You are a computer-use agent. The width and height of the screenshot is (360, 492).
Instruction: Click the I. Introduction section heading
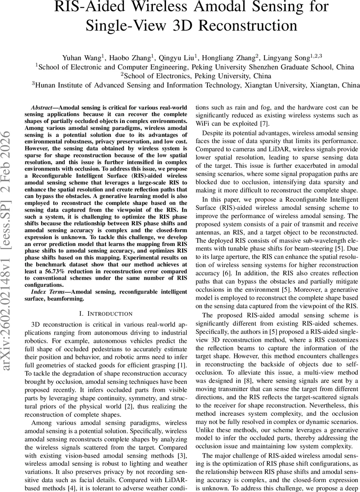tap(106, 314)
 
